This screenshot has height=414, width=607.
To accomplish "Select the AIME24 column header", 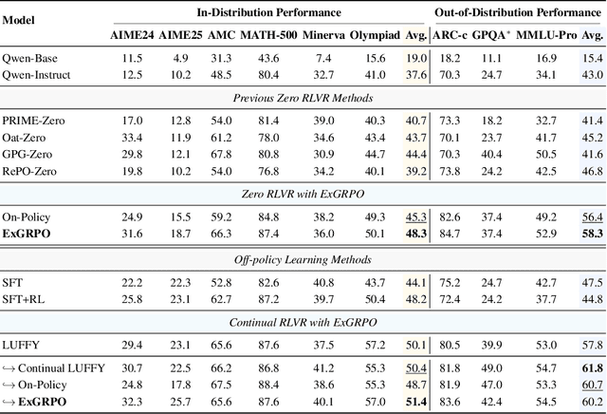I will pyautogui.click(x=136, y=36).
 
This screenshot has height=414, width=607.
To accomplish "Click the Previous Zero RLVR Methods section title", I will pyautogui.click(x=303, y=98).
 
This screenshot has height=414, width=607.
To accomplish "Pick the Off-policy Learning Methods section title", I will pyautogui.click(x=303, y=260).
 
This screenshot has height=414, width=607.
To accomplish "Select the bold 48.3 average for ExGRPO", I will pyautogui.click(x=414, y=233).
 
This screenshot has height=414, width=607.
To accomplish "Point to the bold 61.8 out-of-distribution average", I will pyautogui.click(x=592, y=367).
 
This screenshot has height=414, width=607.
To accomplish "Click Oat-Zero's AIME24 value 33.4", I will pyautogui.click(x=135, y=137).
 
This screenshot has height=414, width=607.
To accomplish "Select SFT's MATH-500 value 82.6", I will pyautogui.click(x=267, y=282).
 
